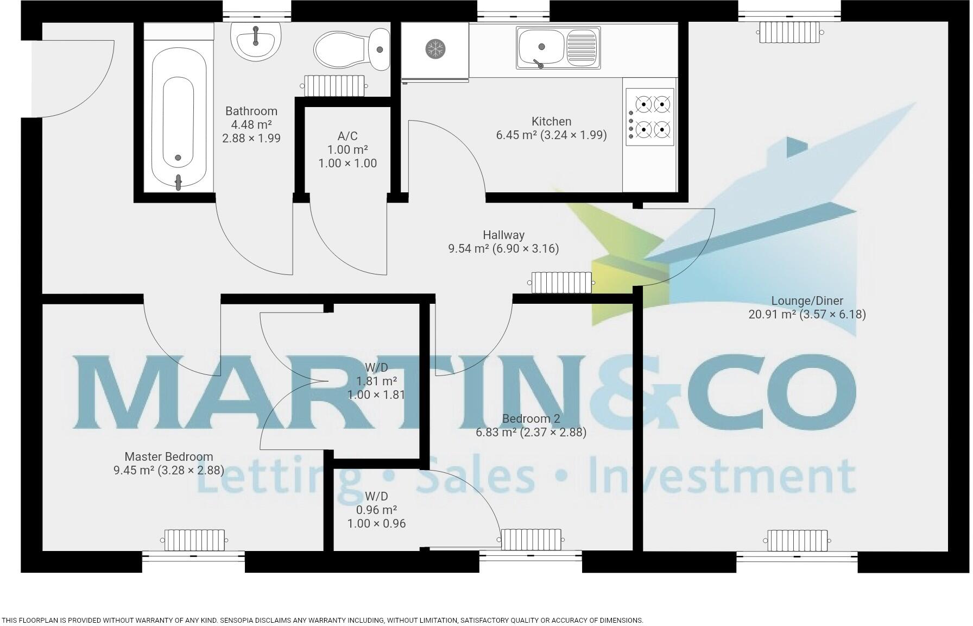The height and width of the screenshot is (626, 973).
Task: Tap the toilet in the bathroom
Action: [352, 49]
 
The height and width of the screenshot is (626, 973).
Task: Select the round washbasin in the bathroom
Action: [256, 41]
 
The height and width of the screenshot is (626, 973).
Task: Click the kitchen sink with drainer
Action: [558, 48]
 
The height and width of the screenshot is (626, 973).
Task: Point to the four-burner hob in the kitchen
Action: [650, 117]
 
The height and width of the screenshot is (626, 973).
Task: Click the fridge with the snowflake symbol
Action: [434, 49]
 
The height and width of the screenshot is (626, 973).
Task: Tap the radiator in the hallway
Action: [561, 283]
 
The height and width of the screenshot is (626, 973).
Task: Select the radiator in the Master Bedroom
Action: [194, 540]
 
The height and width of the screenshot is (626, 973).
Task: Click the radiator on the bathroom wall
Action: [334, 85]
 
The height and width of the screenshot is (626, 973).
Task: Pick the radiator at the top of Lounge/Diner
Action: [790, 32]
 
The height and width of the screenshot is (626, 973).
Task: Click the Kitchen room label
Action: [551, 121]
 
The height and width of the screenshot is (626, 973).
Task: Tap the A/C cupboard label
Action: [347, 136]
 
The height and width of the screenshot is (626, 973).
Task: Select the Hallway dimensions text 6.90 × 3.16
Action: [525, 249]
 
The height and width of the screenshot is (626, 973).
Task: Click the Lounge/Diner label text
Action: [807, 301]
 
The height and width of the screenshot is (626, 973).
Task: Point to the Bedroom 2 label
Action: [530, 419]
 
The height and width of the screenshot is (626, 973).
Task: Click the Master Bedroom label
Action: [168, 457]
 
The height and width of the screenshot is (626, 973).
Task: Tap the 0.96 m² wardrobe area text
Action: [376, 510]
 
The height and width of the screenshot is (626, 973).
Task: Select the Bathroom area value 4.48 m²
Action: [251, 124]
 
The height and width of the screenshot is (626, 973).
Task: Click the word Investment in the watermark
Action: [722, 475]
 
